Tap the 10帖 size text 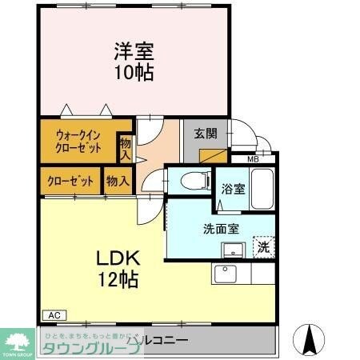[x=133, y=72]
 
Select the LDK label [x=119, y=259]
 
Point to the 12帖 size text [x=118, y=279]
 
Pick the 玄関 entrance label [x=205, y=133]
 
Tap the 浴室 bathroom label [x=233, y=189]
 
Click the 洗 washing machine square [x=263, y=247]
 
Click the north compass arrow [x=309, y=340]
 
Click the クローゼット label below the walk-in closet [x=69, y=181]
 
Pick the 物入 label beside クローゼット [x=118, y=181]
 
